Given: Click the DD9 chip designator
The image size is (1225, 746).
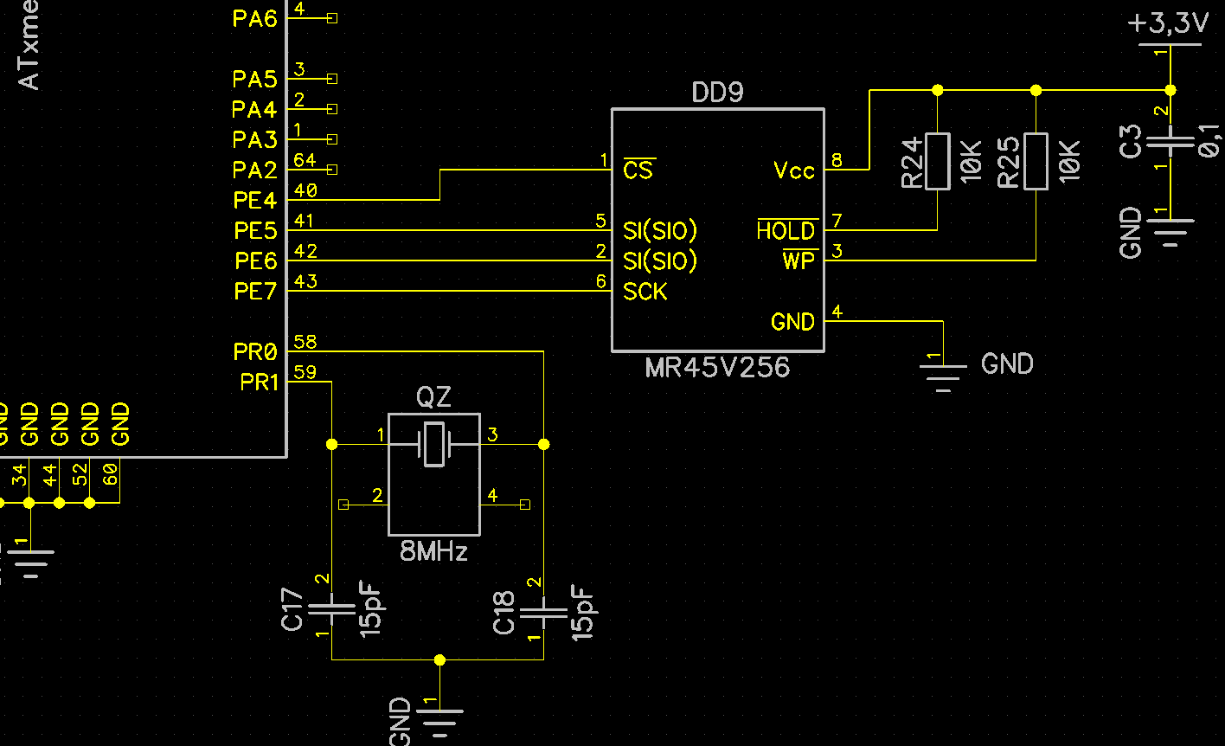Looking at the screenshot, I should click(x=717, y=93).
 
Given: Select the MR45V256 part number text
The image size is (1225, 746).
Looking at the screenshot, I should click(x=717, y=367).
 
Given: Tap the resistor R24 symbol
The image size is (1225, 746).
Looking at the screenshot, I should click(x=937, y=161).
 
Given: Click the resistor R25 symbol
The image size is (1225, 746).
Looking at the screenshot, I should click(x=1036, y=161).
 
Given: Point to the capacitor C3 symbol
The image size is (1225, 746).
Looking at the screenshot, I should click(x=1170, y=144).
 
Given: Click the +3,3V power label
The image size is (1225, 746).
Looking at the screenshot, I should click(x=1168, y=24).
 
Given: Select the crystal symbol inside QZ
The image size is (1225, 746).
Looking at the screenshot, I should click(x=433, y=444).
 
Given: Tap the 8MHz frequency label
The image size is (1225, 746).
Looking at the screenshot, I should click(x=433, y=551).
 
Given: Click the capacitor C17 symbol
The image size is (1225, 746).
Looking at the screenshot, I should click(x=331, y=608).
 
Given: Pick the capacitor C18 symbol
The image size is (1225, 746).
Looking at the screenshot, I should click(x=542, y=611).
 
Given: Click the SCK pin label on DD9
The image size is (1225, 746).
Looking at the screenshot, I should click(x=645, y=292).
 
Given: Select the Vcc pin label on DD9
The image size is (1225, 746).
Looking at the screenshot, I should click(x=793, y=170).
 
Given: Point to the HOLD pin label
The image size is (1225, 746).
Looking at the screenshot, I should click(x=786, y=231).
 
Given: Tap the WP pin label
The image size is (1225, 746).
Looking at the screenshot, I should click(x=799, y=260).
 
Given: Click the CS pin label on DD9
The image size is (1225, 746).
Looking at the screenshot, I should click(x=638, y=170).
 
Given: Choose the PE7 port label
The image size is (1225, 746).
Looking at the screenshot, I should click(x=255, y=292).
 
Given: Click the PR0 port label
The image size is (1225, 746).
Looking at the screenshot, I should click(x=255, y=352).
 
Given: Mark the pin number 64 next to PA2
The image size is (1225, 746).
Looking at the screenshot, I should click(x=305, y=160).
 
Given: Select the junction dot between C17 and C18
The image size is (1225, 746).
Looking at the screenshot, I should click(x=439, y=659).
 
